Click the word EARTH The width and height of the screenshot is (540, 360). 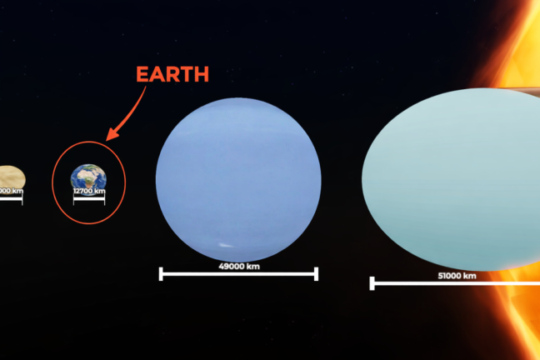(x=172, y=74)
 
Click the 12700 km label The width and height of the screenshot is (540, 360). (x=89, y=191)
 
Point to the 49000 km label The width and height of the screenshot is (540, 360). (x=237, y=266)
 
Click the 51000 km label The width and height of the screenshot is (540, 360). (x=457, y=276)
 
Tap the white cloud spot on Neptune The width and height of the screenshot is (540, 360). (x=223, y=245)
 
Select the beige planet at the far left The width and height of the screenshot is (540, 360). (x=11, y=177)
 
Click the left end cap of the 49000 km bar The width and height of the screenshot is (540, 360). (x=161, y=273)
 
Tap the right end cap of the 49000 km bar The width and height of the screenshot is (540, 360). (x=317, y=273)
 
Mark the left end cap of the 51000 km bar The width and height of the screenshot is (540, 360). (x=372, y=283)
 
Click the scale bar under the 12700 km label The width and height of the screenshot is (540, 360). (x=89, y=198)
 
